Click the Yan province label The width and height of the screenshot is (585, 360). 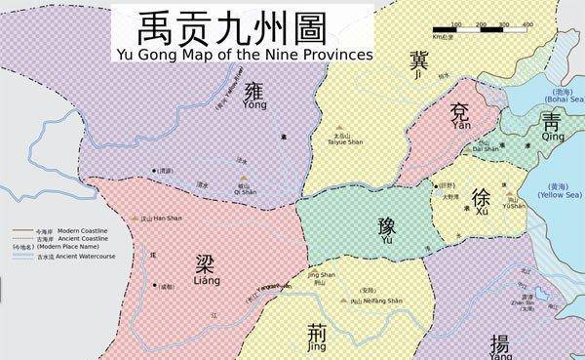(x=460, y=119)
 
